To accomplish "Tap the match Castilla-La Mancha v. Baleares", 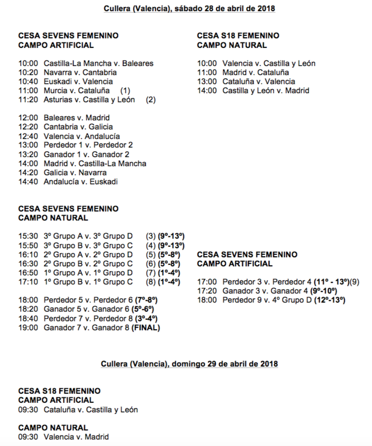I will point(98,63).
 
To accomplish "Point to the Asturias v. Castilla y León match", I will point(89,100).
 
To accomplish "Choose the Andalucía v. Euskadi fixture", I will point(81,181).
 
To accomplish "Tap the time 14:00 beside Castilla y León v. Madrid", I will point(207,91).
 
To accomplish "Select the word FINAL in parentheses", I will point(145,328).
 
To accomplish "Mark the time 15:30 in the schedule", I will point(28,236).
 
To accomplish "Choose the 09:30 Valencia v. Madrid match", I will point(76,437).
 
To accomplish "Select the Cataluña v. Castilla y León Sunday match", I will point(91,410).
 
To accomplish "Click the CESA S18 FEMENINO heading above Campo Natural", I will point(238,36).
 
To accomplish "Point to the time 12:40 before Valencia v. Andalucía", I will point(28,136).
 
